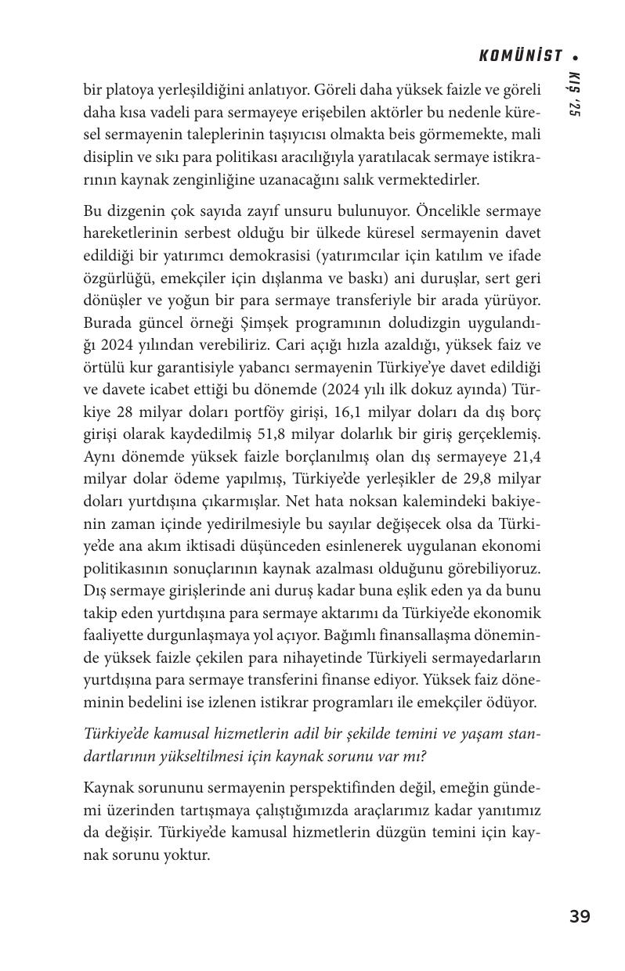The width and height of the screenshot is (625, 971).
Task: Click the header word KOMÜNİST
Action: pos(521,56)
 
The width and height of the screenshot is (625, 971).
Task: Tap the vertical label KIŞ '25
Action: pos(574,94)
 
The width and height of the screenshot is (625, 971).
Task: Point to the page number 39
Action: pos(580,916)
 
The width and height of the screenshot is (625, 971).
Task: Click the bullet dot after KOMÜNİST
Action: pos(576,57)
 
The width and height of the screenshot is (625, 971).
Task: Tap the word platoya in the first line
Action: pos(121,90)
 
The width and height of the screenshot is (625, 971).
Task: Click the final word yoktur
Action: pos(185,854)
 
